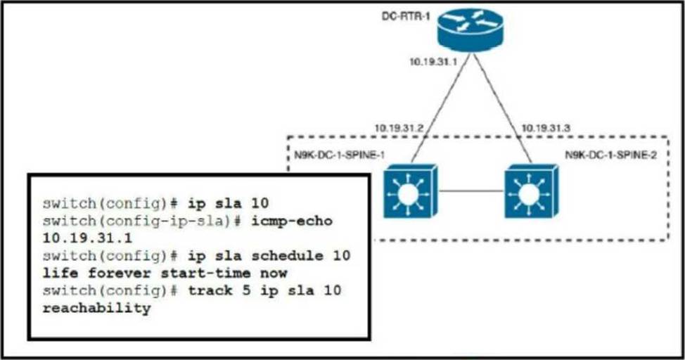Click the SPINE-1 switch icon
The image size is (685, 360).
[x=410, y=191]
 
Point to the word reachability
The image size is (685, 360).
[x=97, y=308]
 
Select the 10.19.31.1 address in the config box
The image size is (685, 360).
[x=87, y=238]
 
